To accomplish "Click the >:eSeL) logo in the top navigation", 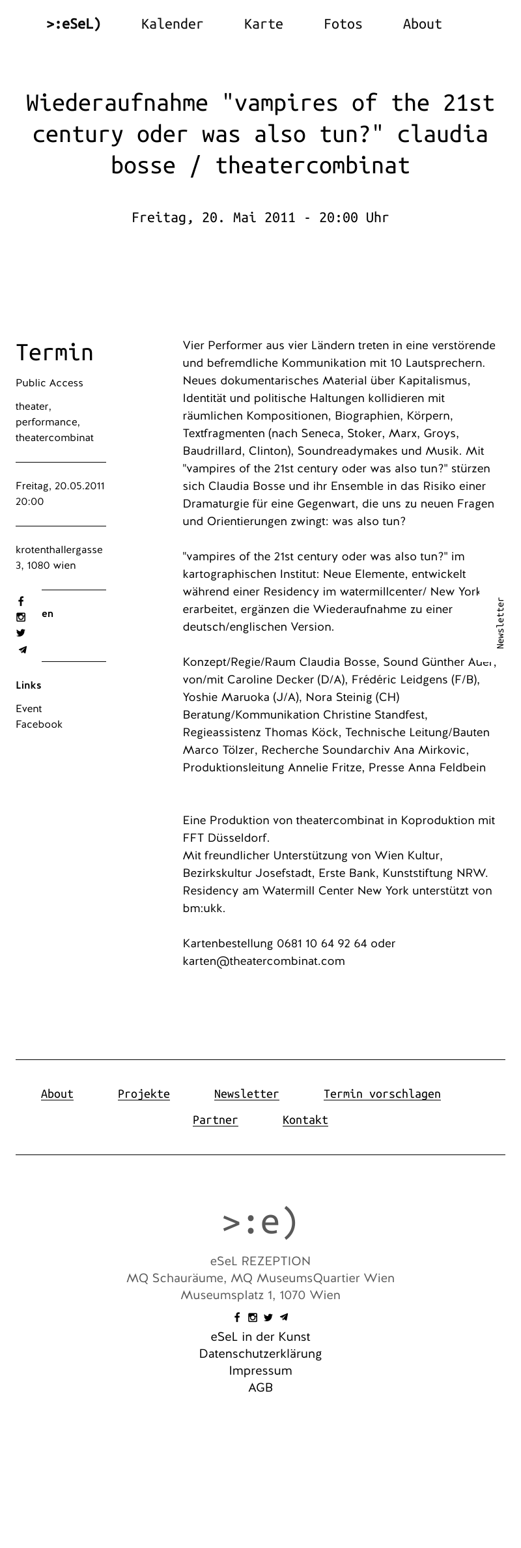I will click(74, 24).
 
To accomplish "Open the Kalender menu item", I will click(172, 24).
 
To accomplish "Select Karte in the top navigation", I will click(263, 24).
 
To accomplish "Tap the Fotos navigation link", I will click(343, 24).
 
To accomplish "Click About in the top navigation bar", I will click(422, 24).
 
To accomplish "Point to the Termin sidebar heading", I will click(55, 352).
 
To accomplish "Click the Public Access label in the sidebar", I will click(49, 383).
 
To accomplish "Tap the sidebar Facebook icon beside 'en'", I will click(21, 601).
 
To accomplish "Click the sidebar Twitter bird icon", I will click(21, 633).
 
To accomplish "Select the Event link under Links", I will click(29, 709).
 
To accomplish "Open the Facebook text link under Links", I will click(39, 724).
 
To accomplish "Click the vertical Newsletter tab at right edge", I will click(500, 623).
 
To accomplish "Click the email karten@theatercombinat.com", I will click(264, 961).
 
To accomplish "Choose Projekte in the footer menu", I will click(144, 1094).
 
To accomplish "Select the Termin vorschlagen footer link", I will click(382, 1094).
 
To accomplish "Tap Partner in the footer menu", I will click(216, 1120).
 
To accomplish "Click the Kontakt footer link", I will click(305, 1120).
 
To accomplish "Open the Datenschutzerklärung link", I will click(260, 1354).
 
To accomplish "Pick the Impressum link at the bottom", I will click(260, 1371).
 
